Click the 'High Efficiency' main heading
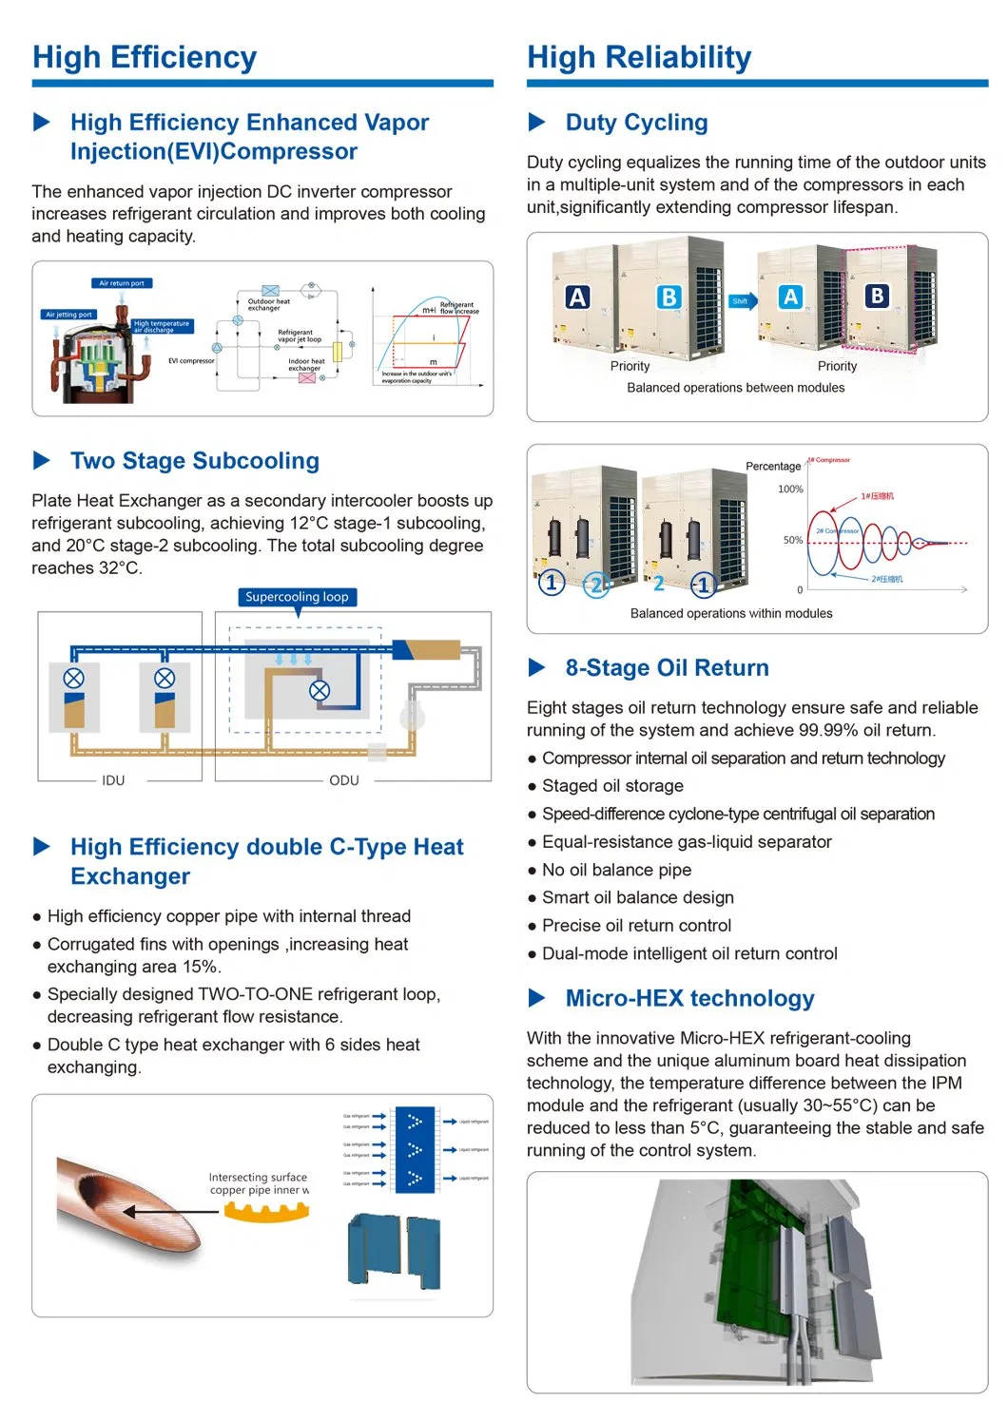[x=145, y=58]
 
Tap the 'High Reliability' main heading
[x=639, y=58]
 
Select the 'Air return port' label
[x=122, y=283]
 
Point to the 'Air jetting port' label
[x=69, y=315]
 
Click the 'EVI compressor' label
[x=191, y=361]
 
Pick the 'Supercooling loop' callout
[x=297, y=597]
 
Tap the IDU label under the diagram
[x=113, y=780]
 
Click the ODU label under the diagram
[x=344, y=780]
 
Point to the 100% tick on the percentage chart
[x=790, y=490]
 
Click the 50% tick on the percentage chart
[x=793, y=540]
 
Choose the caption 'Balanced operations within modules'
[x=731, y=614]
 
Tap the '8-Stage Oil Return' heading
[x=667, y=668]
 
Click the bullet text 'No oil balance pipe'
[x=616, y=870]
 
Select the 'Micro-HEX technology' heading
[x=689, y=998]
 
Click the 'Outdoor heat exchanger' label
[x=268, y=305]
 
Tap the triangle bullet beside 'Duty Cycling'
[x=536, y=123]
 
